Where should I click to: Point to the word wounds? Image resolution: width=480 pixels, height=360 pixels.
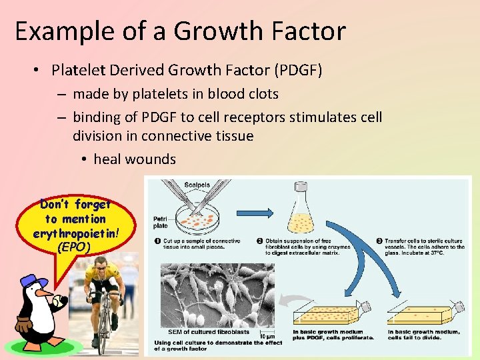154,159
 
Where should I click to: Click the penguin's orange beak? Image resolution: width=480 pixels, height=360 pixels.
45,293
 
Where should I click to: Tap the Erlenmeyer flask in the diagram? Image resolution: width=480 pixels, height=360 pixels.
302,215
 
